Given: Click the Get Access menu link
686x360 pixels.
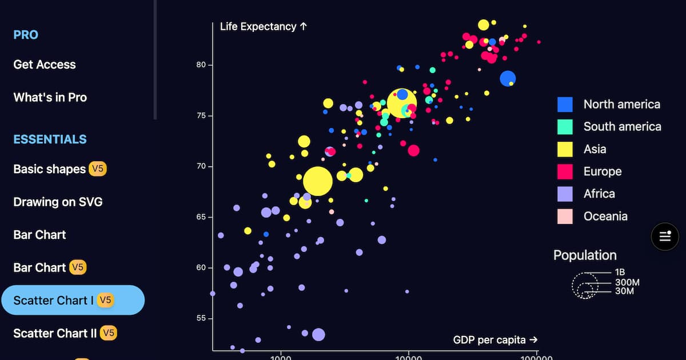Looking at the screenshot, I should coord(45,65).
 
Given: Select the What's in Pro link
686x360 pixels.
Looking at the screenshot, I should coord(50,97).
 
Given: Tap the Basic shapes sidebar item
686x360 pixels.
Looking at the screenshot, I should coord(49,169).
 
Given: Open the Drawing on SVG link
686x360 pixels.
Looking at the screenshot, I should coord(58,202).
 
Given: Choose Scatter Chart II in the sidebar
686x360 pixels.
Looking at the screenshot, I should coord(55,333).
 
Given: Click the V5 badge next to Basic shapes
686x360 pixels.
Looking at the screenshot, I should coord(98,169).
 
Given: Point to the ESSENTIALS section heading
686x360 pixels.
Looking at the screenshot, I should coord(50,139).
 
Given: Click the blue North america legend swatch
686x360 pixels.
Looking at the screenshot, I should coord(565,104).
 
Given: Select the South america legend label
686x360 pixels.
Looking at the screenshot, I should coord(622,126).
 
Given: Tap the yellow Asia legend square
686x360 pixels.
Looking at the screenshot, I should coord(565,149).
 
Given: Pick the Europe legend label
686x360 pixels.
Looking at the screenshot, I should coord(602,171).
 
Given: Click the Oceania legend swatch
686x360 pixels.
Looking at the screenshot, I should coord(565,216).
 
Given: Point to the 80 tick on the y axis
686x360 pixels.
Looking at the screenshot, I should coord(200,65).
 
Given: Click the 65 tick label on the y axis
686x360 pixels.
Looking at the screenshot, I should coord(200,217).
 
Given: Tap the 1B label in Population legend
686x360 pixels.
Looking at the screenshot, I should coord(620,272).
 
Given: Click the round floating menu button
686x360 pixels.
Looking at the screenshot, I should coord(665,236).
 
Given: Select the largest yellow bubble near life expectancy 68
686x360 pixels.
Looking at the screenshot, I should coord(317,181).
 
